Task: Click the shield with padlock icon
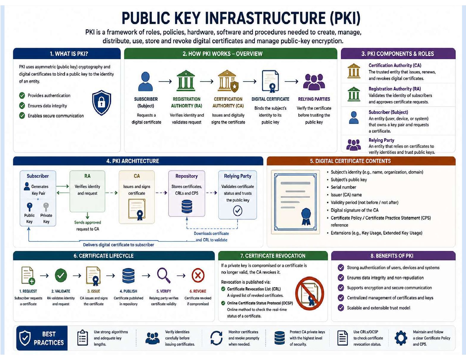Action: tap(101, 102)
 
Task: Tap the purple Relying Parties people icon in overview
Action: tap(314, 81)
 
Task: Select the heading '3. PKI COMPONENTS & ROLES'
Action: tap(397, 54)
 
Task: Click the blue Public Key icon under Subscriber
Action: tap(30, 207)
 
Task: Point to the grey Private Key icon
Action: tap(46, 207)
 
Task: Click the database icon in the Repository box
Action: tap(187, 206)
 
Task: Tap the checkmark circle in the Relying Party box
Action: tap(238, 211)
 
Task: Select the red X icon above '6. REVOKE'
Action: tap(198, 275)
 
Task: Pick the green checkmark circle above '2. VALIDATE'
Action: tap(61, 275)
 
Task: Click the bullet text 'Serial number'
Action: tap(343, 187)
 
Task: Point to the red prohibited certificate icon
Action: tap(309, 293)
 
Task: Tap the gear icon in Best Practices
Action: tap(401, 338)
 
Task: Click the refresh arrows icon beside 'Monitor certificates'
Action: tap(216, 338)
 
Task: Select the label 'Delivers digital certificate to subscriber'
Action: tap(118, 245)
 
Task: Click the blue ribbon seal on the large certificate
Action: tap(306, 216)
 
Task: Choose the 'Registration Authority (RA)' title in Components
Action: tap(395, 89)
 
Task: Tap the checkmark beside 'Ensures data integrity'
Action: tap(22, 106)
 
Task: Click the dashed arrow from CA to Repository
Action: tap(161, 193)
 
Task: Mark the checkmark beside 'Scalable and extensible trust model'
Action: tap(341, 308)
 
